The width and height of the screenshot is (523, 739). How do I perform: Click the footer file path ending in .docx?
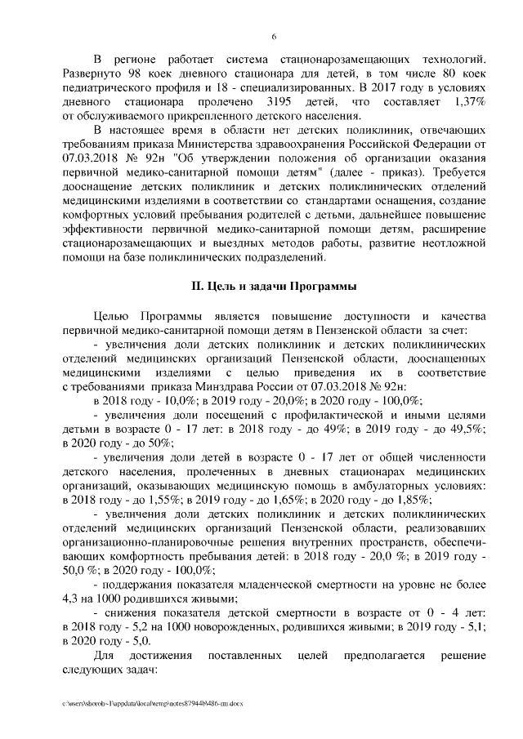pyautogui.click(x=152, y=701)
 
